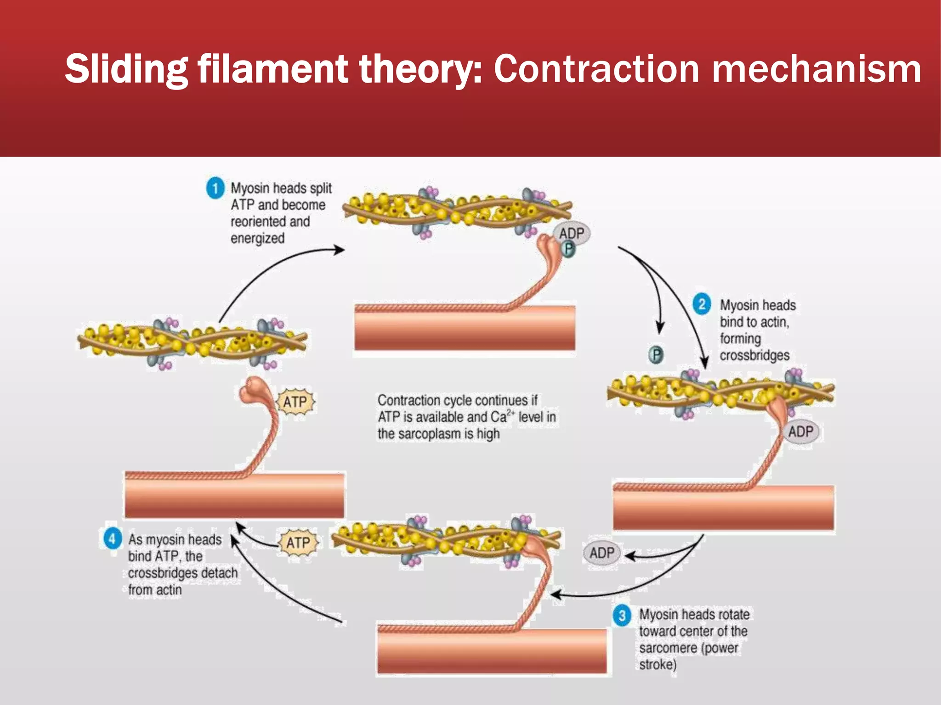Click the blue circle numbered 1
click(215, 188)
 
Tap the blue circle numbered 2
click(702, 304)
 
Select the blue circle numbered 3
click(622, 615)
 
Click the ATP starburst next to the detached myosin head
click(295, 402)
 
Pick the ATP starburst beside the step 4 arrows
click(298, 543)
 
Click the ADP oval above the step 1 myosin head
click(572, 233)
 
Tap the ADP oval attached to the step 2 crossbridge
click(800, 431)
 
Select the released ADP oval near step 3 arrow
click(601, 553)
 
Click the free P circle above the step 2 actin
click(657, 355)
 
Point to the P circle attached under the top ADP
click(569, 249)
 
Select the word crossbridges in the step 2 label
click(754, 355)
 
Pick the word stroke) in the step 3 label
click(658, 664)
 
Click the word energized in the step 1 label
click(257, 238)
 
